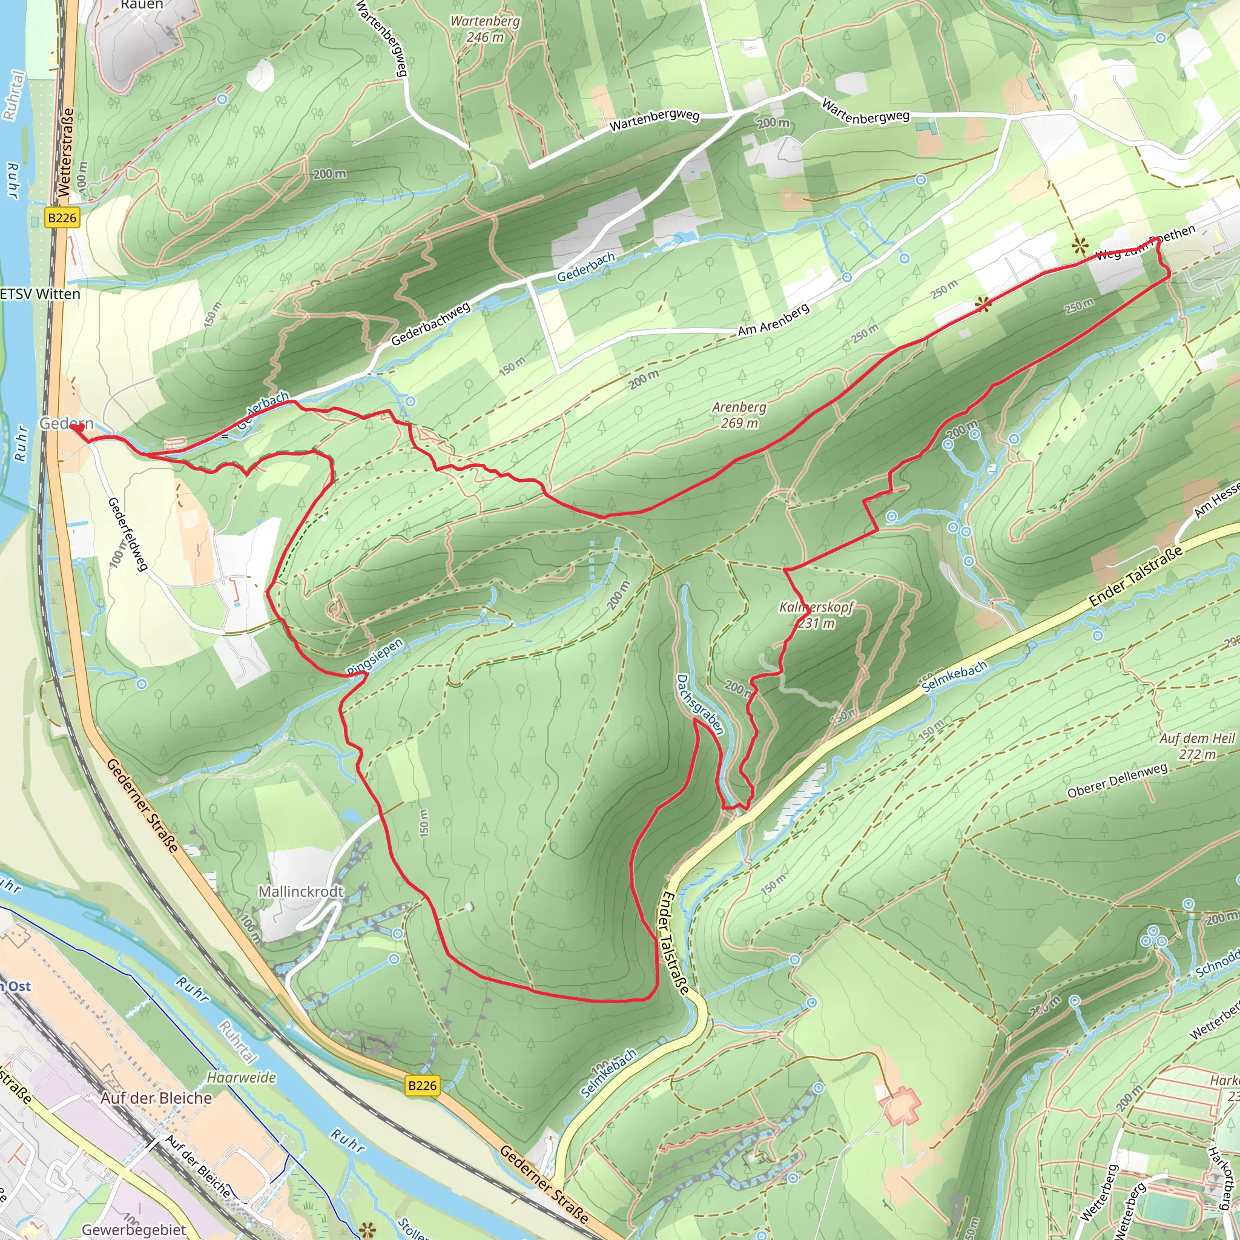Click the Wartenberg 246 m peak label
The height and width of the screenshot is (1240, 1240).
click(484, 29)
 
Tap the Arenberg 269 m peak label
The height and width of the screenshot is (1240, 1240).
click(739, 415)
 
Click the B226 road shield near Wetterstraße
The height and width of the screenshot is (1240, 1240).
click(62, 217)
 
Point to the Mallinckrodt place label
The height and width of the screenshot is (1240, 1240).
click(300, 891)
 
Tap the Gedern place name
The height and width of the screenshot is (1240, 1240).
click(65, 423)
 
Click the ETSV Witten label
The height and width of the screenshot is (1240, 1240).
click(40, 294)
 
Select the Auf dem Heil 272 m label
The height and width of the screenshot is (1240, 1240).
click(1196, 746)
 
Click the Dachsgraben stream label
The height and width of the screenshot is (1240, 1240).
click(701, 704)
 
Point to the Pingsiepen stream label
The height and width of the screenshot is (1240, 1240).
click(375, 656)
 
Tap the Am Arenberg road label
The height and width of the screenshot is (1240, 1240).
click(773, 321)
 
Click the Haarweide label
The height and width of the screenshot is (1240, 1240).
click(242, 1077)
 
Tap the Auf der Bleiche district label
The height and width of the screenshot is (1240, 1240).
click(156, 1098)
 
